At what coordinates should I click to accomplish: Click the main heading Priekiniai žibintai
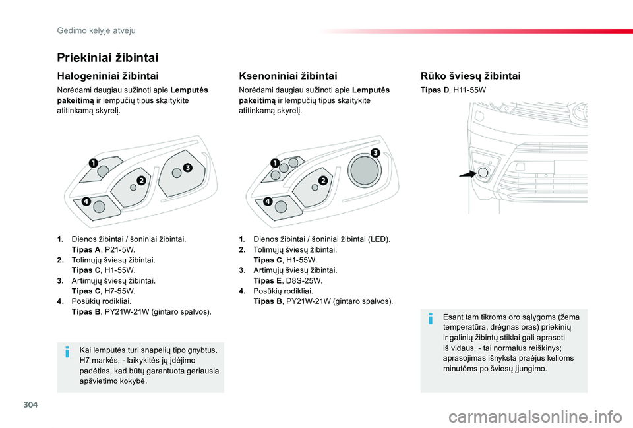point(107,58)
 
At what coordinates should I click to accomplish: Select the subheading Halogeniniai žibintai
point(108,76)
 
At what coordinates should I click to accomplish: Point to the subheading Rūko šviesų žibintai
point(470,76)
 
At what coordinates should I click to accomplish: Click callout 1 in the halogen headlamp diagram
point(94,162)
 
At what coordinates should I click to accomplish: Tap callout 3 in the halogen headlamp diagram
point(187,168)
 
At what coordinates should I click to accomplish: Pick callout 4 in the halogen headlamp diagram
point(86,202)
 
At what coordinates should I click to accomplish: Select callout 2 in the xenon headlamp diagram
point(323,180)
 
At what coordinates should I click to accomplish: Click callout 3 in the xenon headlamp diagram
point(375,153)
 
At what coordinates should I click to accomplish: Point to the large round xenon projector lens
point(363,170)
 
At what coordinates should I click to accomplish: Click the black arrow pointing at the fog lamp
point(469,175)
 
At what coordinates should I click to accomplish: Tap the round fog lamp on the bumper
point(483,173)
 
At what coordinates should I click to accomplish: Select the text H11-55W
point(469,89)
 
